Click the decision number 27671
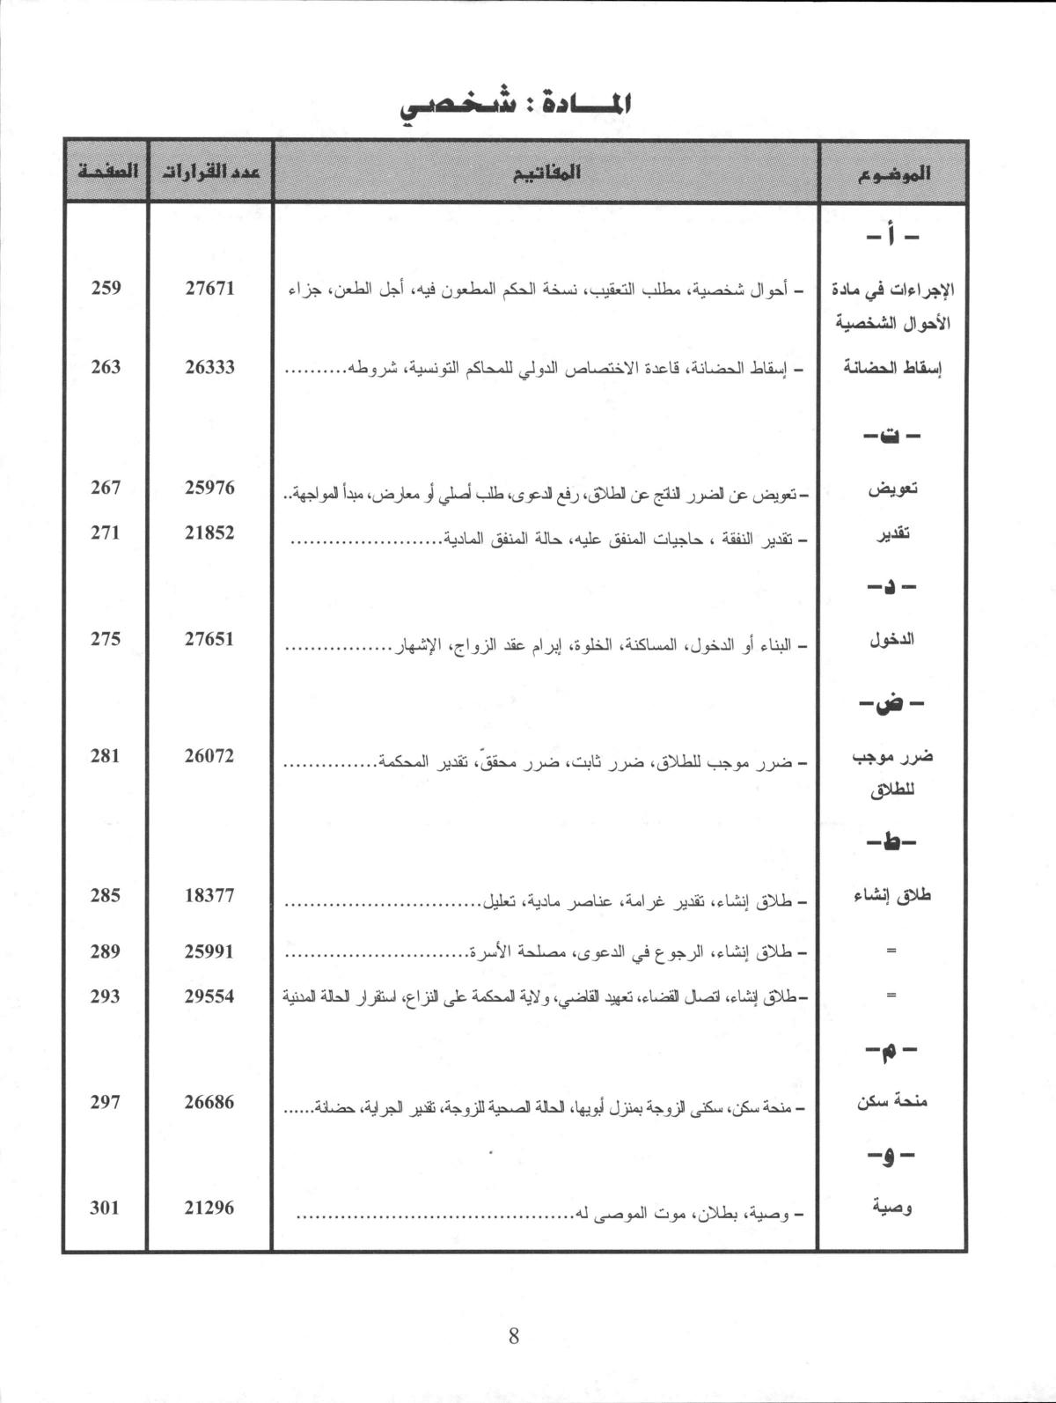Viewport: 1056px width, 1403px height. point(209,288)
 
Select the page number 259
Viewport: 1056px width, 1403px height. point(106,288)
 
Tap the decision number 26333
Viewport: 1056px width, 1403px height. point(209,367)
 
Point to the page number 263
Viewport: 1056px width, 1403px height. point(106,367)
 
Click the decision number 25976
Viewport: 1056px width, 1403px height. point(209,487)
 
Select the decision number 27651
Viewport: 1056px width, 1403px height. point(209,639)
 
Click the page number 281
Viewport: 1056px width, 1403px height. point(106,755)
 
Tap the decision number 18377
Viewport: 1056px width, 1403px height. point(209,896)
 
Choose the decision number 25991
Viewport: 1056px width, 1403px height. point(209,951)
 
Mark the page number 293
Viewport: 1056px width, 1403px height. point(106,996)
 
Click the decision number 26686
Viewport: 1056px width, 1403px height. point(209,1101)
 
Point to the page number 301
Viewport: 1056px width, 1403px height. point(106,1208)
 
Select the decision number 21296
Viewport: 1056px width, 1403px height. point(209,1208)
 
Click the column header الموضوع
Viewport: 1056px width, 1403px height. point(893,173)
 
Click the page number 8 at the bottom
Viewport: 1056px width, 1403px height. point(514,1336)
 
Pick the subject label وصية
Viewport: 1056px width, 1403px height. point(891,1208)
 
